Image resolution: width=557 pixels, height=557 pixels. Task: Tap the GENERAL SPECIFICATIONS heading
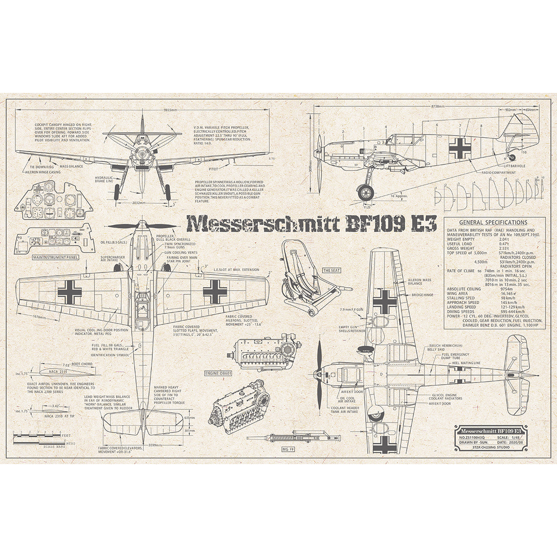coord(492,223)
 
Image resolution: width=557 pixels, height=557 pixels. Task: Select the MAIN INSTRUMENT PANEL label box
coord(54,256)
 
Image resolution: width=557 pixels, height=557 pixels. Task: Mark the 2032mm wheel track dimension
coord(138,203)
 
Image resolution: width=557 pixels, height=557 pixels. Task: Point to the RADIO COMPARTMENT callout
coord(499,172)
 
